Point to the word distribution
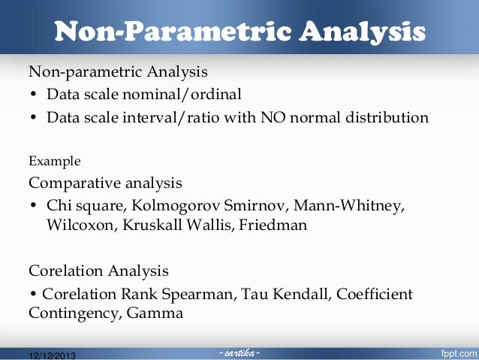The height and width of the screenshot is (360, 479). (384, 118)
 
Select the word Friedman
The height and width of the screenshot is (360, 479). (273, 225)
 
